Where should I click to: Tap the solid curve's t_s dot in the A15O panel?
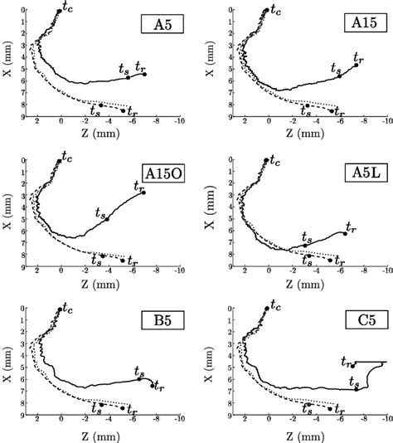click(x=107, y=218)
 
